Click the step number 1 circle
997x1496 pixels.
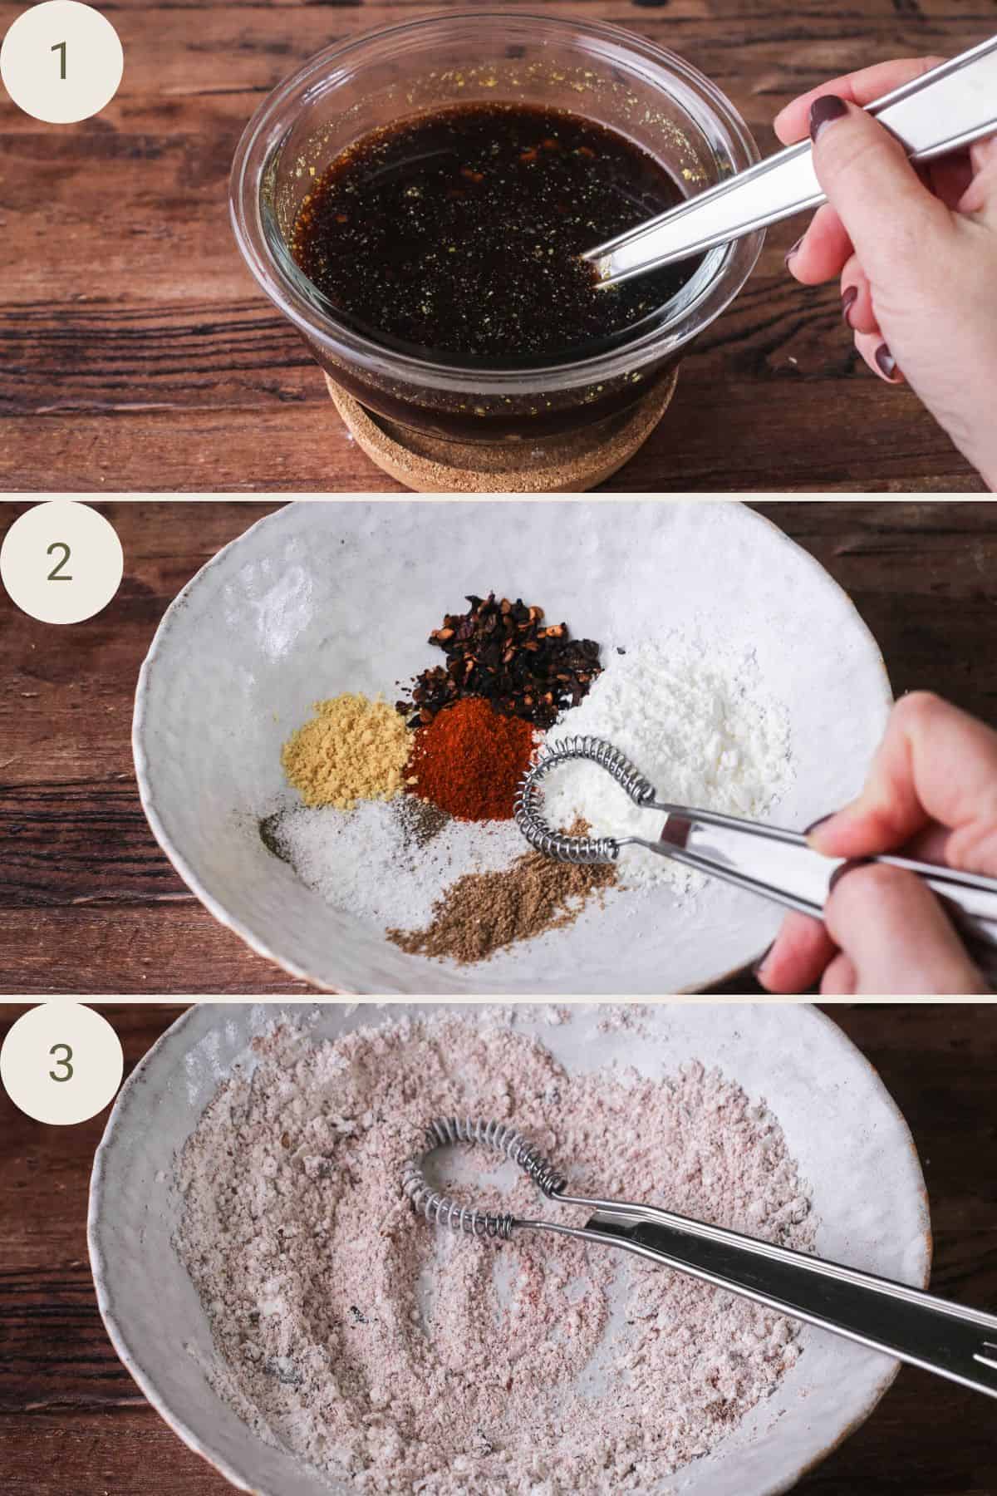pyautogui.click(x=61, y=62)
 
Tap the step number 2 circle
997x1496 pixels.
pyautogui.click(x=61, y=562)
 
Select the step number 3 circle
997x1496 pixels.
pyautogui.click(x=61, y=1061)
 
